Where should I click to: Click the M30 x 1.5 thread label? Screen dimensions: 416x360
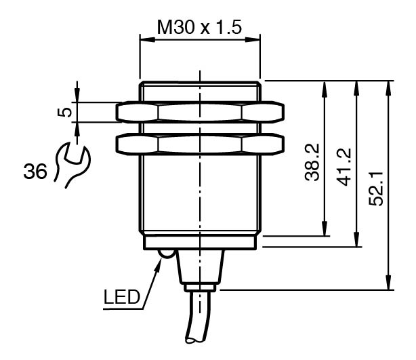pos(199,27)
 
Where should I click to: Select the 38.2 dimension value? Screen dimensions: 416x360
pos(312,163)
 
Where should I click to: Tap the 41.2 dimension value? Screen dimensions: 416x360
pos(344,167)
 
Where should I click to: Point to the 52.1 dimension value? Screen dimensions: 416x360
pos(375,188)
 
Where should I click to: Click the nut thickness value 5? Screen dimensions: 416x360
pos(64,112)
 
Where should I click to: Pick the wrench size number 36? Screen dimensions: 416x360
pos(35,172)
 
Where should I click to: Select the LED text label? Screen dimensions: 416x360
pos(121,297)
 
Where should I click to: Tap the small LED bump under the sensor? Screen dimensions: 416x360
pos(167,254)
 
